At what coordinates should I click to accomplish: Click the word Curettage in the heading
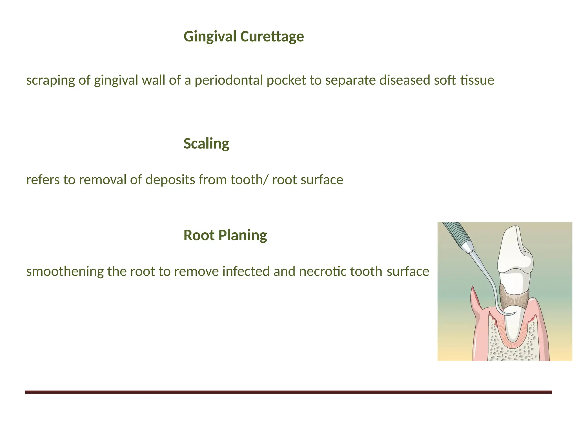(x=272, y=36)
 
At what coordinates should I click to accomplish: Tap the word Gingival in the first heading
(x=210, y=36)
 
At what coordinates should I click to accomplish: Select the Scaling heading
(x=206, y=143)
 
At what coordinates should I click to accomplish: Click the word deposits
(x=170, y=180)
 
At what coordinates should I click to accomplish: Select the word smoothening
(x=65, y=271)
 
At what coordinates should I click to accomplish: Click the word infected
(x=242, y=271)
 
